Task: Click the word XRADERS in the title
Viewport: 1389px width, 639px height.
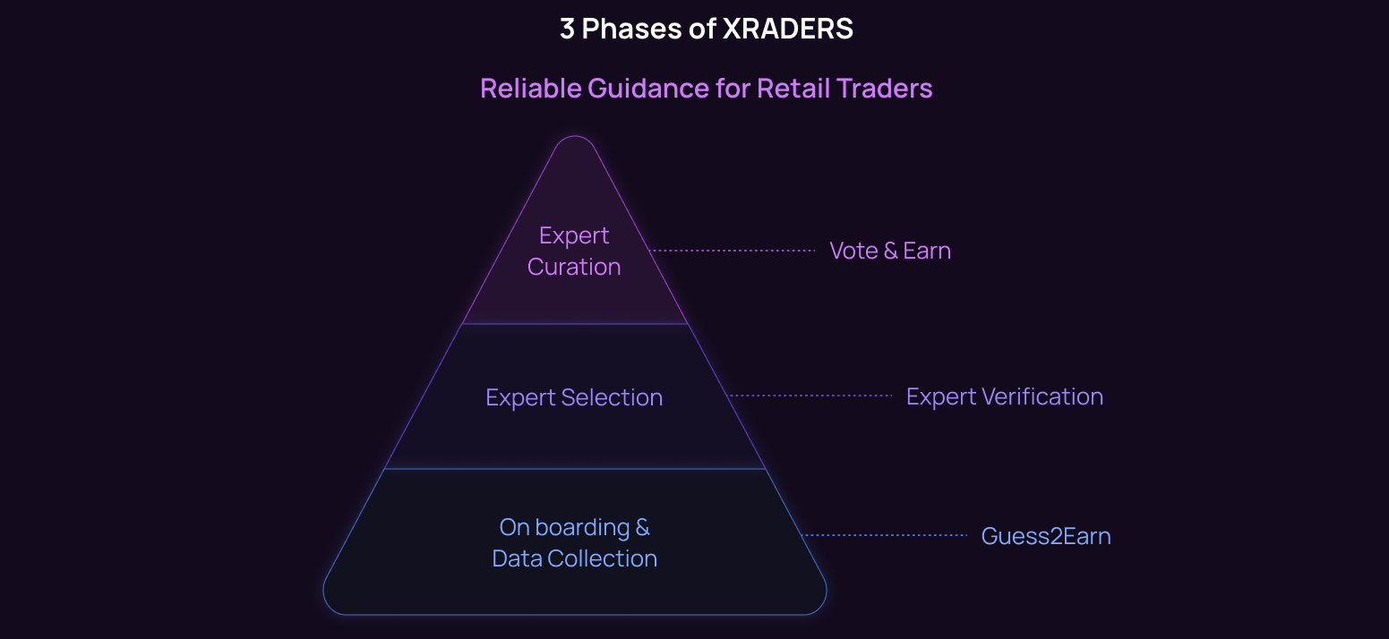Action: tap(787, 29)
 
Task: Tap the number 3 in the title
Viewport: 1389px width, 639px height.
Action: tap(566, 29)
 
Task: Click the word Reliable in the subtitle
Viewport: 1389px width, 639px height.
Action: tap(530, 89)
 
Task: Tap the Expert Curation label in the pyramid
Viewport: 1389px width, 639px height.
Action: tap(574, 251)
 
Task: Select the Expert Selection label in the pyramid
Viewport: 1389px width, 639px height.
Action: tap(574, 397)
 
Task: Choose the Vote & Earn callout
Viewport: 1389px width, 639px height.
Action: tap(890, 251)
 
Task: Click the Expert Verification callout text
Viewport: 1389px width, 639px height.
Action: tap(1004, 396)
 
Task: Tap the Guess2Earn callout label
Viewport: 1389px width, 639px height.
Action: tap(1046, 536)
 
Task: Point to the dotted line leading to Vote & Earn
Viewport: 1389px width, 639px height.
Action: tap(733, 251)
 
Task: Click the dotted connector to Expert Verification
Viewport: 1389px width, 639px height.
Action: tap(811, 396)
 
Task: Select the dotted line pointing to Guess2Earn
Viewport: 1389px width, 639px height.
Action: tap(885, 535)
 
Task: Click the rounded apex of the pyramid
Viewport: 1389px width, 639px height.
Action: tap(575, 143)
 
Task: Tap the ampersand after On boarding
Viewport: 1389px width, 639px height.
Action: tap(642, 527)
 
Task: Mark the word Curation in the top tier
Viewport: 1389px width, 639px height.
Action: tap(574, 267)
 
